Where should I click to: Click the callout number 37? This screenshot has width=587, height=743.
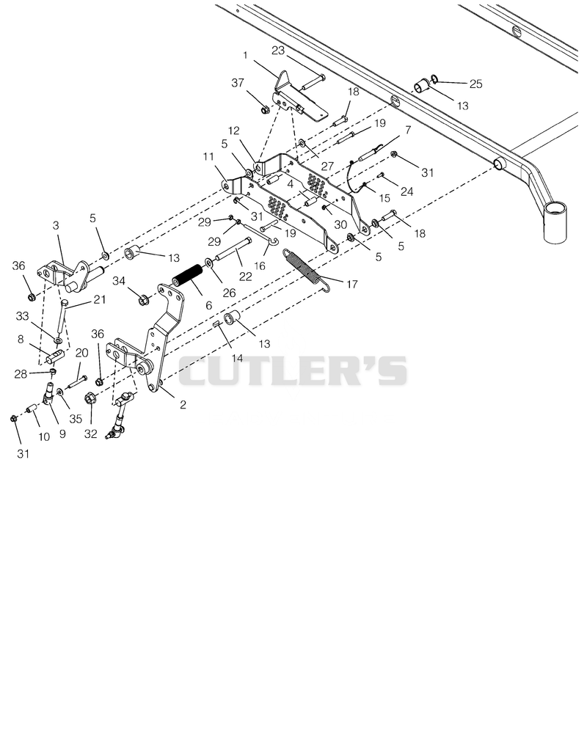(x=238, y=82)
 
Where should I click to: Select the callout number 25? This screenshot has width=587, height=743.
(x=476, y=84)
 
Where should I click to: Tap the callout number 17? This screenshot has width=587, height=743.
(x=351, y=285)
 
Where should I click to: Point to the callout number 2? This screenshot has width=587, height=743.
(x=183, y=405)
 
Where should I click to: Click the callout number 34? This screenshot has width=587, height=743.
(x=119, y=281)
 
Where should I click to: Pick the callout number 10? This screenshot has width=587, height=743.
(x=44, y=436)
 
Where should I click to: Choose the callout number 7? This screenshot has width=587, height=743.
(x=408, y=129)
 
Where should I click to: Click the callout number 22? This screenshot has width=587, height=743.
(x=245, y=277)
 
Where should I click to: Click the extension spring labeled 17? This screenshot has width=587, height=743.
(x=305, y=268)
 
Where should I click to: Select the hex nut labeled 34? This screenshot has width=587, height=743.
(x=143, y=301)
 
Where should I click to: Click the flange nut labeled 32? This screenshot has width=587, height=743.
(x=90, y=399)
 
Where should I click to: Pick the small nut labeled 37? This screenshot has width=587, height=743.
(x=266, y=110)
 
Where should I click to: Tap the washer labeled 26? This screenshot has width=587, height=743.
(x=209, y=263)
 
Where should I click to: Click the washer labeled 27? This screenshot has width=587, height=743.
(x=302, y=142)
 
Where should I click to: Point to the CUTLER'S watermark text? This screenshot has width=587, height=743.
(x=293, y=370)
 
